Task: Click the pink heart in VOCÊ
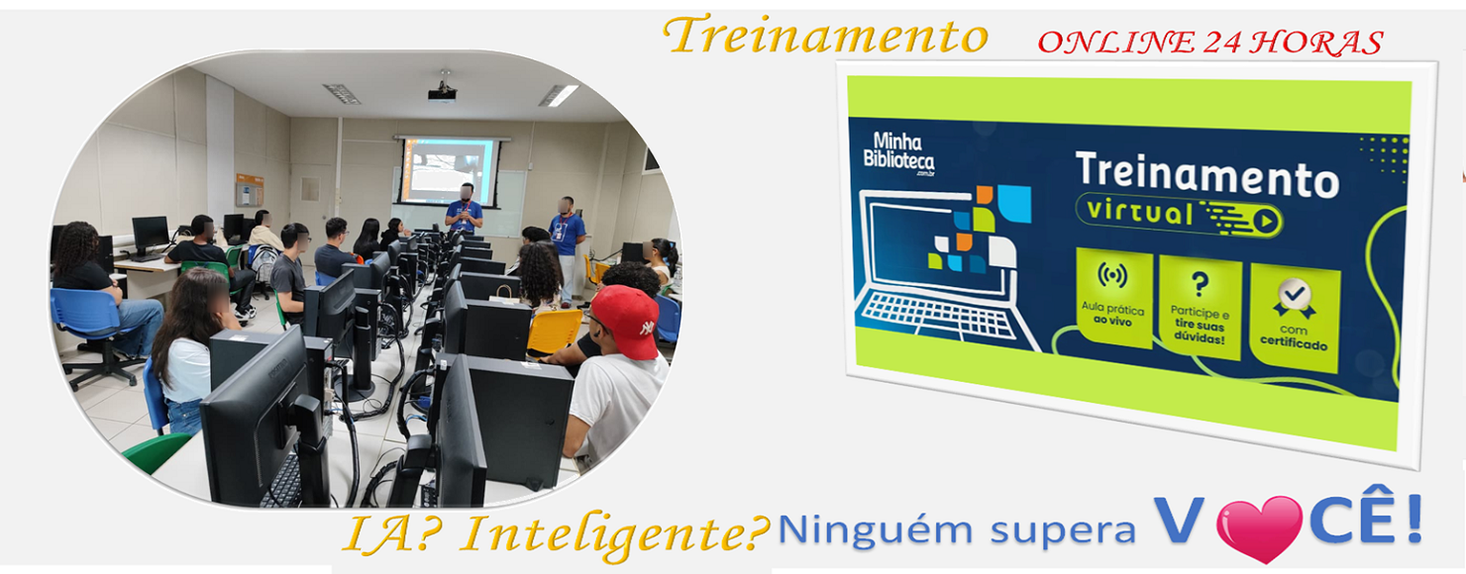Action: pyautogui.click(x=1258, y=526)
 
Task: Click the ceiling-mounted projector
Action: pyautogui.click(x=442, y=93)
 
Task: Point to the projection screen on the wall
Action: pyautogui.click(x=448, y=170)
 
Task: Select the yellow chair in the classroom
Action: pyautogui.click(x=555, y=333)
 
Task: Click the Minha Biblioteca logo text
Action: pyautogui.click(x=897, y=151)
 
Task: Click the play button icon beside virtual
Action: pyautogui.click(x=1265, y=221)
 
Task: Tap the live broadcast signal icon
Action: pyautogui.click(x=1113, y=276)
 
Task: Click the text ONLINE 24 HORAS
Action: pyautogui.click(x=1209, y=42)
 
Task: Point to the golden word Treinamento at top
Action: pyautogui.click(x=826, y=37)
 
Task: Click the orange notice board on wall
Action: pyautogui.click(x=250, y=189)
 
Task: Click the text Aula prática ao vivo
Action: pyautogui.click(x=1113, y=316)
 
